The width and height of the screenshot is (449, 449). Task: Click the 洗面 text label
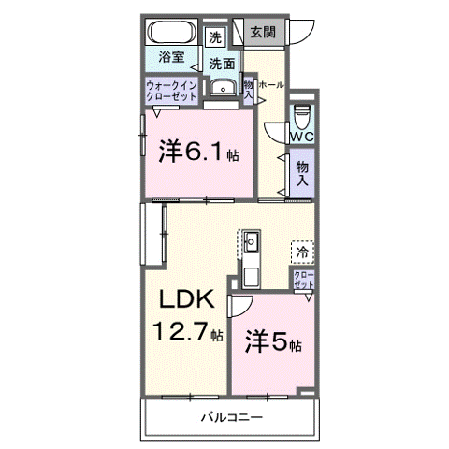click(221, 64)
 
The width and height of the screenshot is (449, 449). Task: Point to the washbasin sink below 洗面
click(222, 89)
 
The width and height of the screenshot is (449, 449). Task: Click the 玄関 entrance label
click(263, 32)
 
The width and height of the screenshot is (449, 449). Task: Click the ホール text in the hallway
click(270, 84)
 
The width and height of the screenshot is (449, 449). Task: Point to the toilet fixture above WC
click(301, 116)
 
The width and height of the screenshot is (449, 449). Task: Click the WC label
click(301, 137)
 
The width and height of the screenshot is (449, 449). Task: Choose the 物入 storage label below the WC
click(302, 174)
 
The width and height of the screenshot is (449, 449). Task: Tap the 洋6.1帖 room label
click(197, 151)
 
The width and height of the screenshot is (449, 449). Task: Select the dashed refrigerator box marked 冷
click(302, 251)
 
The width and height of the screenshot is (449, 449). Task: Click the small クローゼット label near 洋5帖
click(304, 280)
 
